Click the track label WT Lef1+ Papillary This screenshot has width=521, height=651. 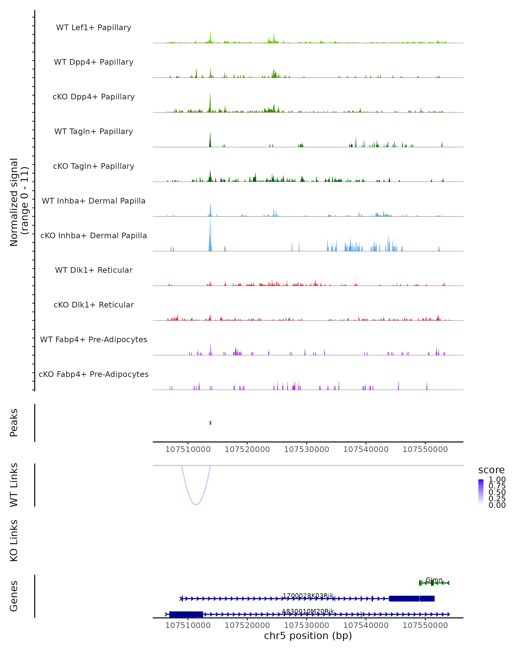94,28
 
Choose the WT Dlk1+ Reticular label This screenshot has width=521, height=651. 94,270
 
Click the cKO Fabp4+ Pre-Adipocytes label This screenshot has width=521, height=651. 94,374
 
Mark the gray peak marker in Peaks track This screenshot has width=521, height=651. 211,423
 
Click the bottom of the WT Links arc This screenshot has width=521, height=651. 196,504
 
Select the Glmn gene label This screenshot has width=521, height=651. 434,580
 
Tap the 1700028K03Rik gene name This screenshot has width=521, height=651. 308,595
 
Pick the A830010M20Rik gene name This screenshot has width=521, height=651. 308,611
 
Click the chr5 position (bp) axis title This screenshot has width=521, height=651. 308,636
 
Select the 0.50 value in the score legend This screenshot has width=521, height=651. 497,492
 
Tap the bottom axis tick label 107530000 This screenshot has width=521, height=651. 307,625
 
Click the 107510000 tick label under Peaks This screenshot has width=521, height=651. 188,449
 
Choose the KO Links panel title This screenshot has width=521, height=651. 14,541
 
